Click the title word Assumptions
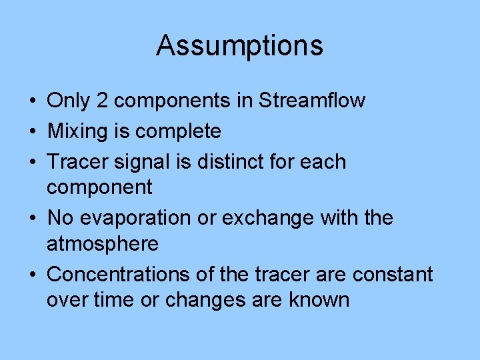point(239,46)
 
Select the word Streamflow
point(312,101)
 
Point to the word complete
point(178,132)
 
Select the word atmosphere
point(103,244)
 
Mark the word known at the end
point(319,300)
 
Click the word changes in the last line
point(203,301)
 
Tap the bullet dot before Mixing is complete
point(32,132)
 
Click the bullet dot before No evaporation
point(32,219)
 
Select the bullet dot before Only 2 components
point(32,101)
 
